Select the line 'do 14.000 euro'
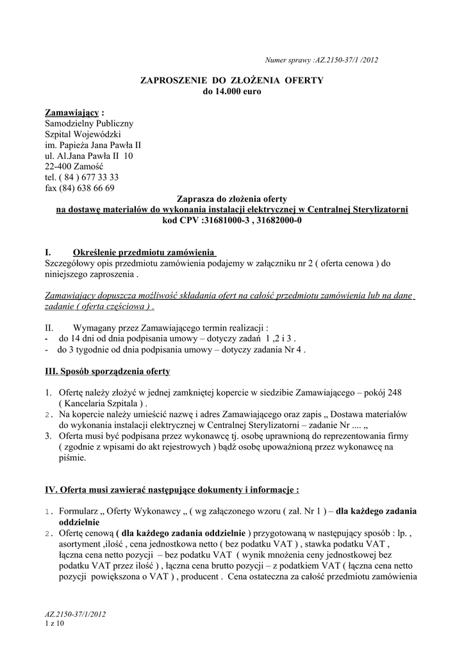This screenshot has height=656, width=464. point(232,92)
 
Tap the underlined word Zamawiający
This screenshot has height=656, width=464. point(71,112)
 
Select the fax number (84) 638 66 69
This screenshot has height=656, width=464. point(88,188)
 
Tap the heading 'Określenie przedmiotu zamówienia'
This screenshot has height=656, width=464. point(144,252)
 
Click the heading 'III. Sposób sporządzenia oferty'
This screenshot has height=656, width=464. point(107,371)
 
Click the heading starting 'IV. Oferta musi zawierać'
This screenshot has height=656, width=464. point(172,490)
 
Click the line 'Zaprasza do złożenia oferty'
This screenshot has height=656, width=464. point(231,199)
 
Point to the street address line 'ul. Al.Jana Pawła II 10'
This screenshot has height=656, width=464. point(89,156)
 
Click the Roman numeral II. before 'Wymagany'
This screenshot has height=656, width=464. point(49,326)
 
